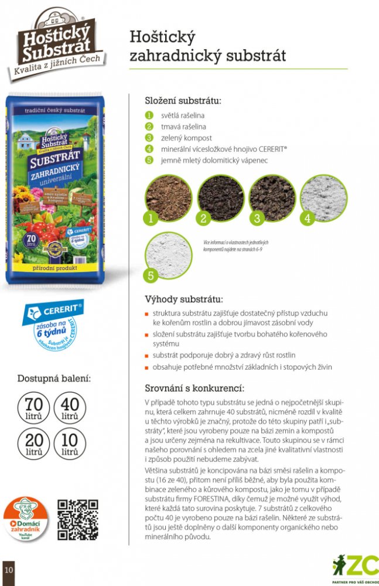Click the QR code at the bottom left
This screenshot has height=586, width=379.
77,519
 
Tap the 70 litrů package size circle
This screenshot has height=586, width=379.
34,408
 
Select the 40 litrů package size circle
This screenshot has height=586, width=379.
70,408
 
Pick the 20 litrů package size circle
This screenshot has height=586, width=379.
34,445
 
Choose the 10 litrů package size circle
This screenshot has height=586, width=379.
70,445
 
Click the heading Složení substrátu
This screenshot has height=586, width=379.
183,100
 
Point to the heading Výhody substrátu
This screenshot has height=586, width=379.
183,299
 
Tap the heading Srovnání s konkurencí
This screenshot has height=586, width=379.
194,389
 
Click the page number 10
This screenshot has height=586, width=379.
8,569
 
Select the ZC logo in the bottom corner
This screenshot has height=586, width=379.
356,567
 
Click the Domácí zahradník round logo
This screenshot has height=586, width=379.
26,519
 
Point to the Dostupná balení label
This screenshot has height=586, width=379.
53,377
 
